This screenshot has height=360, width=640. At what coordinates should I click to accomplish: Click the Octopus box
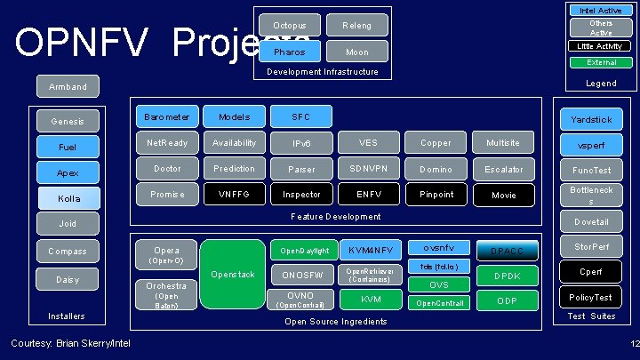(x=290, y=26)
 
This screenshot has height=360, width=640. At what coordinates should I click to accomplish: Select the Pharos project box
(x=290, y=52)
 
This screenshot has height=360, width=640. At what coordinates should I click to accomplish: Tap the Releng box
(x=357, y=26)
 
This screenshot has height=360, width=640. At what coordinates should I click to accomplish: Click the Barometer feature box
(x=166, y=116)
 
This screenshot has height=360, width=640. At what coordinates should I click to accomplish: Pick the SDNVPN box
(x=368, y=169)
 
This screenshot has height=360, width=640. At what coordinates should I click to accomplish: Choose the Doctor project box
(x=166, y=169)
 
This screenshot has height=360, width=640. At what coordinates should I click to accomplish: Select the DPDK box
(x=508, y=276)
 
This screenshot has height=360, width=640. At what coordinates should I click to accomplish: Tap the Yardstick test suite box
(x=592, y=119)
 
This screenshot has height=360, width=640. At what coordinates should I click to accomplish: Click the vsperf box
(x=592, y=144)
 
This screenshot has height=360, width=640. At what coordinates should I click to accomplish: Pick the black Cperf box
(x=592, y=271)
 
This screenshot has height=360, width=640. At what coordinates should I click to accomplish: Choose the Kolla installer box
(x=69, y=197)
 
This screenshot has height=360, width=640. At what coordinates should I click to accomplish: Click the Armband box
(x=68, y=86)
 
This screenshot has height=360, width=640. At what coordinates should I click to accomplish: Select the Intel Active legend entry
(x=601, y=10)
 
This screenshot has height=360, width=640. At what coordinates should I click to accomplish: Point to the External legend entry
(x=601, y=63)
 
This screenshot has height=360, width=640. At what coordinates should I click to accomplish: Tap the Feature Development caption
(x=336, y=216)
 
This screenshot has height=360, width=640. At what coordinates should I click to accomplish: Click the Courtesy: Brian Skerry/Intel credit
(x=70, y=343)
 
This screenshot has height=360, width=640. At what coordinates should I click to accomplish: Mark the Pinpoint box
(x=436, y=194)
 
